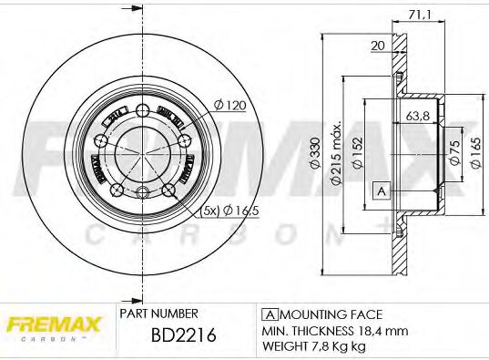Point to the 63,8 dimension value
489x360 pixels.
tap(418, 117)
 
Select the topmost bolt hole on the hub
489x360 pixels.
tap(142, 111)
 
